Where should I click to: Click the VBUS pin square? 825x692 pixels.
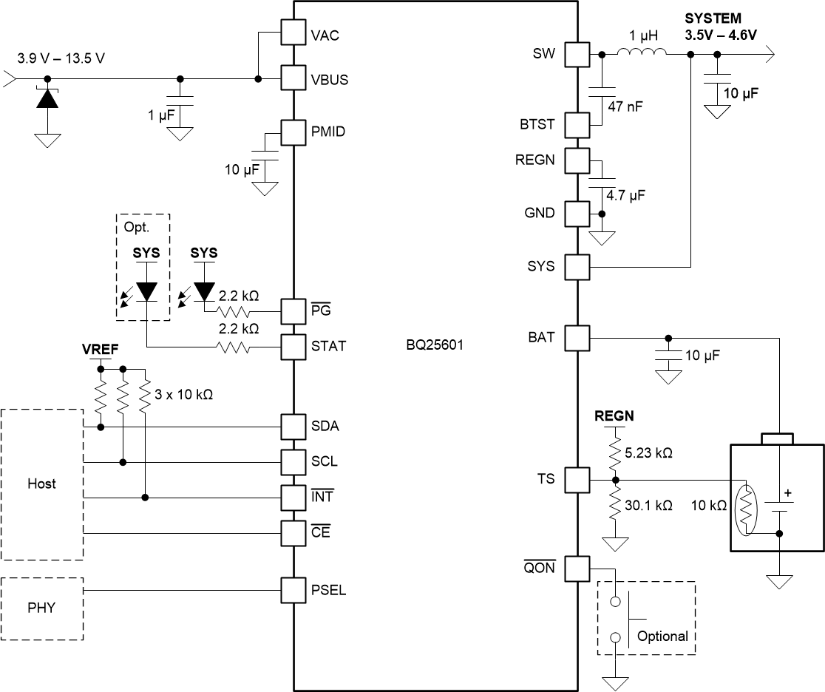click(x=293, y=79)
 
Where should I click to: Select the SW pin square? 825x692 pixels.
click(x=577, y=54)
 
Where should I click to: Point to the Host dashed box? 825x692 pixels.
click(x=41, y=484)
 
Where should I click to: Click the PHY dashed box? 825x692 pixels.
click(x=41, y=608)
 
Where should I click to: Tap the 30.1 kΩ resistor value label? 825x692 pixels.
click(x=647, y=505)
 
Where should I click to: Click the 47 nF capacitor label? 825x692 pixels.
click(x=625, y=106)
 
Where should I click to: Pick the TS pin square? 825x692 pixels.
click(x=577, y=480)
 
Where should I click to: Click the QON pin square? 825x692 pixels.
click(x=577, y=569)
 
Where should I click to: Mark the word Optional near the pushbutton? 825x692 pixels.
click(x=662, y=636)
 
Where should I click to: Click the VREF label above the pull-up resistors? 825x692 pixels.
click(x=99, y=347)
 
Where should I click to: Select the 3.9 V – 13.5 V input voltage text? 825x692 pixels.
click(x=62, y=58)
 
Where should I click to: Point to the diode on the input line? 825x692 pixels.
click(x=47, y=98)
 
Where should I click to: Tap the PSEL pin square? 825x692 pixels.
click(x=293, y=590)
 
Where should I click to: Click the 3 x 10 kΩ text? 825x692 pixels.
click(x=183, y=395)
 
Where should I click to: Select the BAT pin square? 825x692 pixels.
click(x=577, y=339)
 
